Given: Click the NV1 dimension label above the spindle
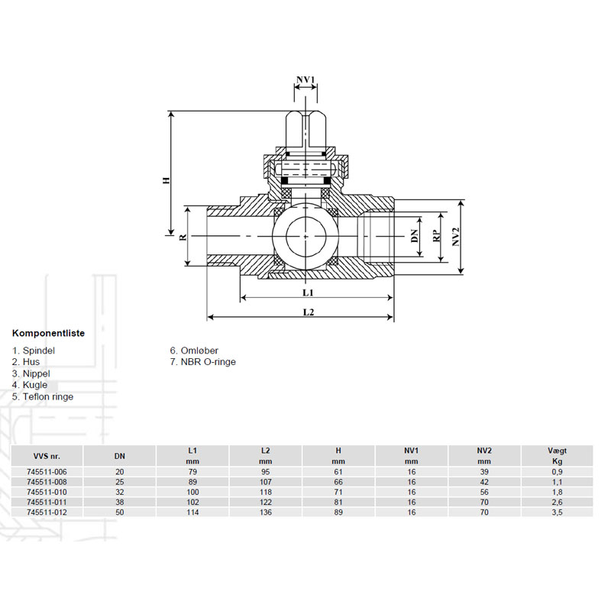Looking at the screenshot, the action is pyautogui.click(x=305, y=80).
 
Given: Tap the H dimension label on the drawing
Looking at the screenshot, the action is pyautogui.click(x=166, y=180).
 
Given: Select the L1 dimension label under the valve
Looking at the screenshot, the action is pyautogui.click(x=309, y=293).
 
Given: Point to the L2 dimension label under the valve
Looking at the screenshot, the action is pyautogui.click(x=309, y=312).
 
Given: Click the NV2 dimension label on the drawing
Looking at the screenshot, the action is pyautogui.click(x=456, y=237).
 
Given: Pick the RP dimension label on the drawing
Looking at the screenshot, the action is pyautogui.click(x=437, y=236).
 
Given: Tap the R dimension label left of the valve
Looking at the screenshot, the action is pyautogui.click(x=183, y=237).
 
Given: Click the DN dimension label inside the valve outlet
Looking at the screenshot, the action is pyautogui.click(x=415, y=236).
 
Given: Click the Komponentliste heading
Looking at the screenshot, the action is pyautogui.click(x=48, y=333).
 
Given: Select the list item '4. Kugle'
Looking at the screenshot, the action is pyautogui.click(x=30, y=385).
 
